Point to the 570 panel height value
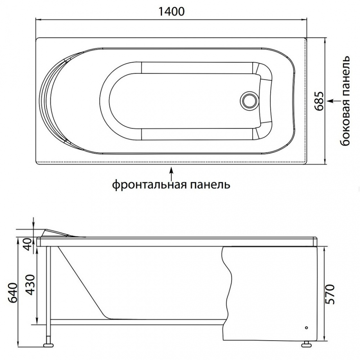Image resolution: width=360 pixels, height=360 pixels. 330,294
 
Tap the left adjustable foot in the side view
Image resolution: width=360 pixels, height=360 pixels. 48,346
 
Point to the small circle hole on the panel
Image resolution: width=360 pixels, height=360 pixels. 306,328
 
